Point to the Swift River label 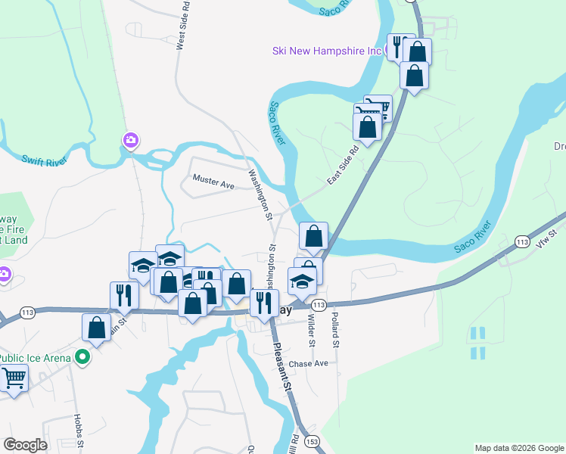coord(45,160)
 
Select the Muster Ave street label coord(213,182)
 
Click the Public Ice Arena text coord(36,358)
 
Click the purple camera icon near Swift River coord(131,140)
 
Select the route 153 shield coord(313,440)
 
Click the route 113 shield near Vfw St coord(521,241)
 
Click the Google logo coord(25,444)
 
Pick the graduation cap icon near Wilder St coord(302,281)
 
